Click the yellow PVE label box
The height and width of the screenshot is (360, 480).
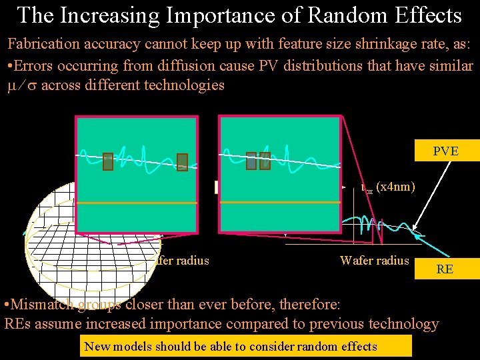pos(446,151)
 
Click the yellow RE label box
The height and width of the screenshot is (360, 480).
pos(445,269)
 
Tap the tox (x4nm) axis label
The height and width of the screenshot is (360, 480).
pos(389,187)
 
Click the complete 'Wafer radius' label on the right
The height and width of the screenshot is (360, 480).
pos(374,260)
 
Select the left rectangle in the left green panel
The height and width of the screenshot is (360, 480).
pos(108,161)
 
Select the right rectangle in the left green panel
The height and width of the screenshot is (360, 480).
pos(182,161)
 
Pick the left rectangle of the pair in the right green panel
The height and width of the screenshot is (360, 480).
pos(251,161)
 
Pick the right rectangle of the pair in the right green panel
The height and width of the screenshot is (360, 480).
pos(265,161)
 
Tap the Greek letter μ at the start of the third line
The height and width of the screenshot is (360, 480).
pos(13,85)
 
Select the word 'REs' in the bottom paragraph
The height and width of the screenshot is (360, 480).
pos(20,325)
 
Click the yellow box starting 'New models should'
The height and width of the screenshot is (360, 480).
pos(245,346)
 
